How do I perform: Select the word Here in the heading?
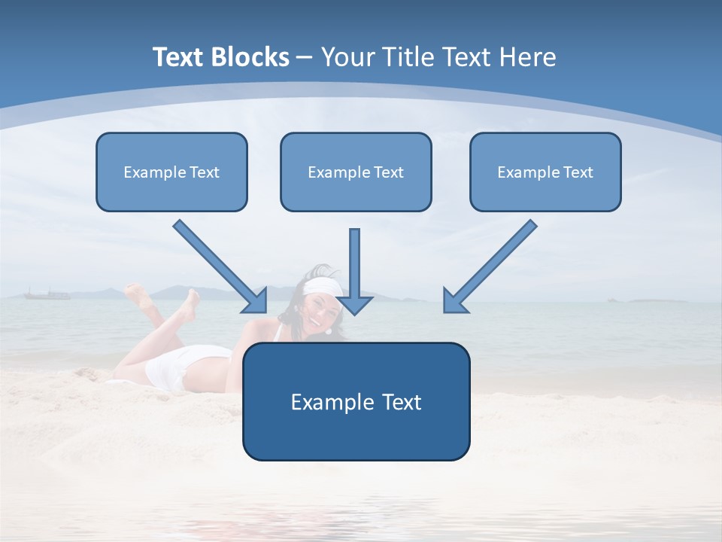click(x=527, y=57)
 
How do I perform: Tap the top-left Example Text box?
click(x=171, y=172)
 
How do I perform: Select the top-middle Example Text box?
click(x=356, y=172)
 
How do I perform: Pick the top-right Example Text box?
click(x=545, y=172)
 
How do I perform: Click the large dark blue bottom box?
click(x=356, y=401)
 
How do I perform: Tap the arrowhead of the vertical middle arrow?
click(x=355, y=303)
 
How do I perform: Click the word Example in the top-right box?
click(x=520, y=172)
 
